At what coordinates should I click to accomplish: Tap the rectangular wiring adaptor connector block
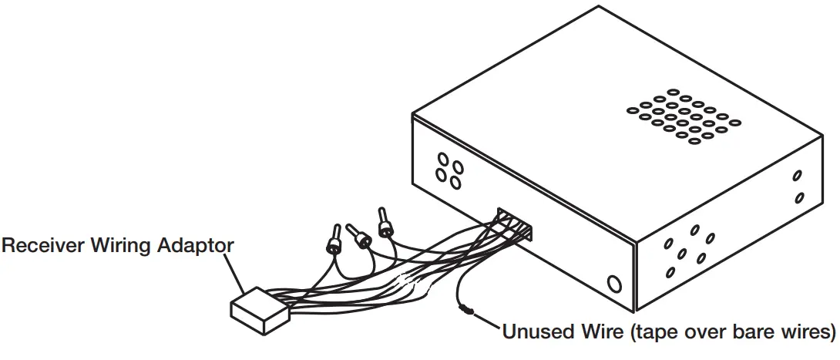(258, 311)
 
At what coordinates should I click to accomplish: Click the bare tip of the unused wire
(466, 311)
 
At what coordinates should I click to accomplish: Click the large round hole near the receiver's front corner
(614, 284)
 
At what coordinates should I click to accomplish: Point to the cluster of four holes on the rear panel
(449, 171)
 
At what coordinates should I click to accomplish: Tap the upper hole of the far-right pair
(798, 176)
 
